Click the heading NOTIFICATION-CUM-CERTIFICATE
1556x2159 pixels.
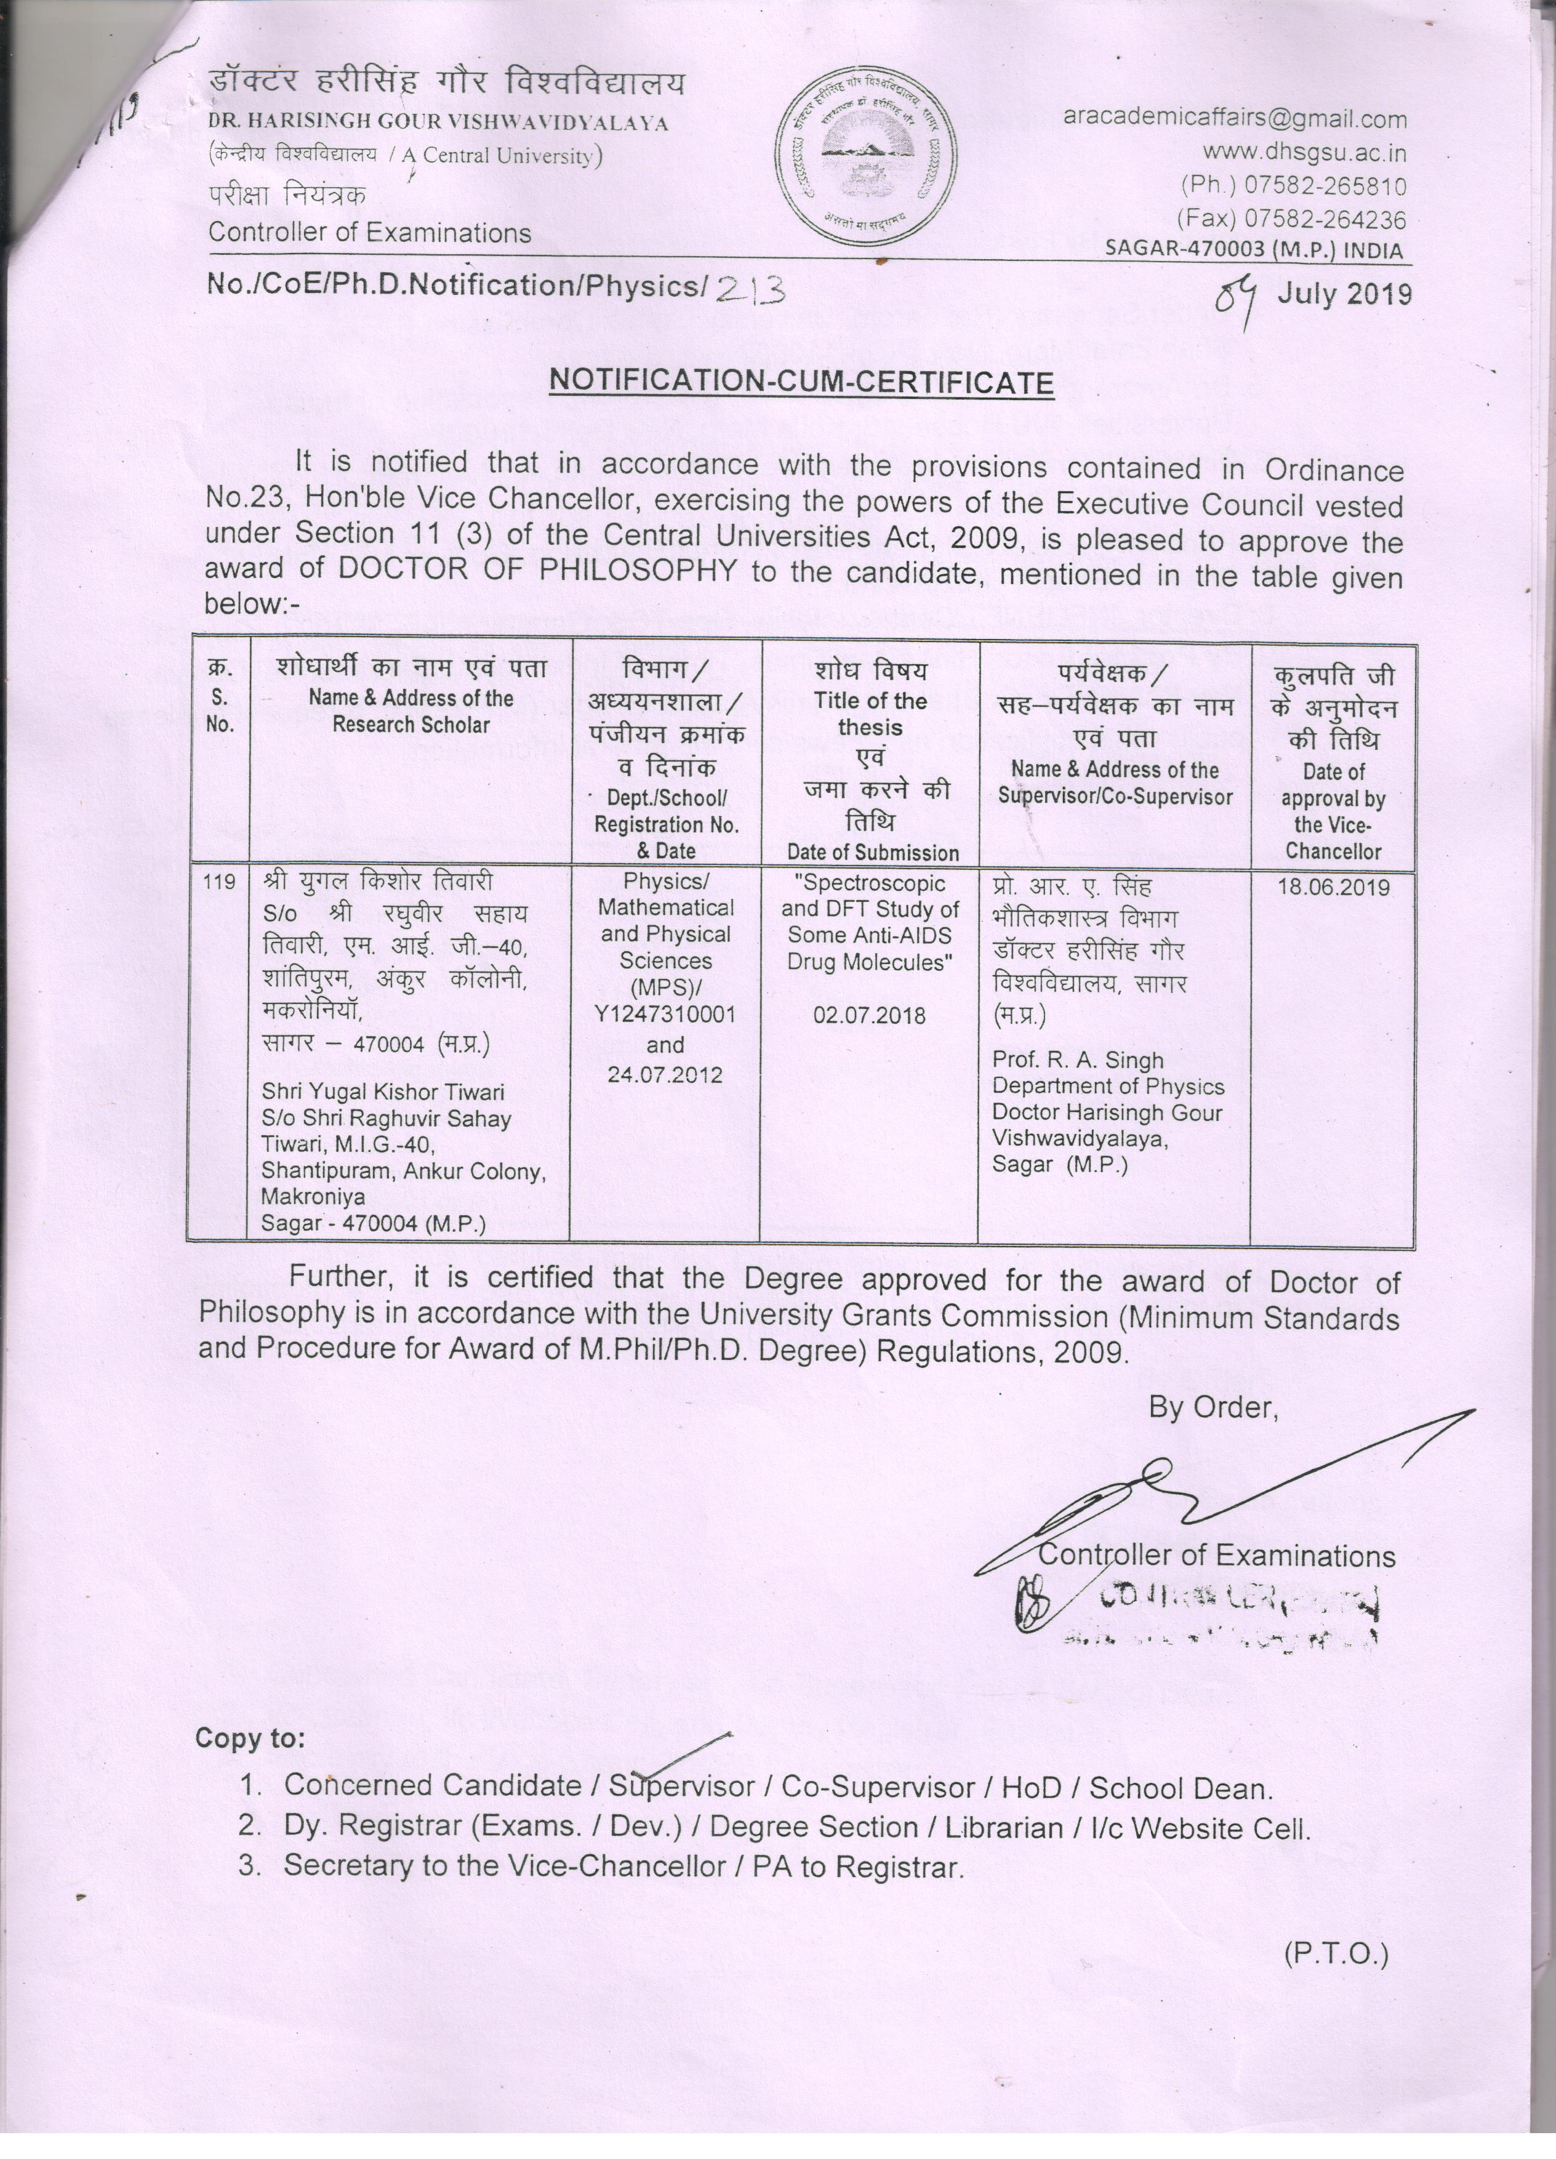[x=801, y=382]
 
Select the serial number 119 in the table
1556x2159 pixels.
[x=219, y=882]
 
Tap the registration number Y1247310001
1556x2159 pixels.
[x=665, y=1015]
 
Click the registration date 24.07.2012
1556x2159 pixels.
[x=665, y=1075]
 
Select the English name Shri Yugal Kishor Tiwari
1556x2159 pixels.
[x=383, y=1092]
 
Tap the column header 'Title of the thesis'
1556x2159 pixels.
[x=869, y=714]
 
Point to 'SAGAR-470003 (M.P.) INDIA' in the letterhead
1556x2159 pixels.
[x=1253, y=251]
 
